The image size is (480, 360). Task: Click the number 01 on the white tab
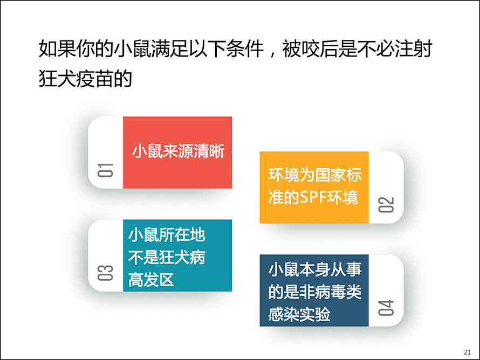pyautogui.click(x=105, y=170)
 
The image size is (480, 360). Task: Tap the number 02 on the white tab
pyautogui.click(x=386, y=205)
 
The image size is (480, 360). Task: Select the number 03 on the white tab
pyautogui.click(x=105, y=273)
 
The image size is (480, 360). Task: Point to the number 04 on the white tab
pyautogui.click(x=386, y=308)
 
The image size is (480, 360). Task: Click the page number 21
pyautogui.click(x=467, y=352)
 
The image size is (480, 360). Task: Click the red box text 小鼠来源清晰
pyautogui.click(x=178, y=151)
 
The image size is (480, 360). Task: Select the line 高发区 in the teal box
pyautogui.click(x=151, y=280)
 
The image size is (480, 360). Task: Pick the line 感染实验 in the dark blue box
pyautogui.click(x=299, y=314)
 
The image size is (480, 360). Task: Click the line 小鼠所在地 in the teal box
pyautogui.click(x=167, y=235)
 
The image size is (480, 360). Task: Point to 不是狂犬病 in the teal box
pyautogui.click(x=167, y=257)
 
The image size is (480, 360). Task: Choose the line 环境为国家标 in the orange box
pyautogui.click(x=314, y=175)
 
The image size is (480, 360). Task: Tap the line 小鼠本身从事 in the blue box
pyautogui.click(x=314, y=269)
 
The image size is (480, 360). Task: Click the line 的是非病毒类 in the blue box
pyautogui.click(x=314, y=292)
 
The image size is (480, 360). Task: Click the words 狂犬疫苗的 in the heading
pyautogui.click(x=85, y=79)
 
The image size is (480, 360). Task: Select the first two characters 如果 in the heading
pyautogui.click(x=57, y=49)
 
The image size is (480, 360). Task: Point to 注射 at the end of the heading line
pyautogui.click(x=413, y=49)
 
